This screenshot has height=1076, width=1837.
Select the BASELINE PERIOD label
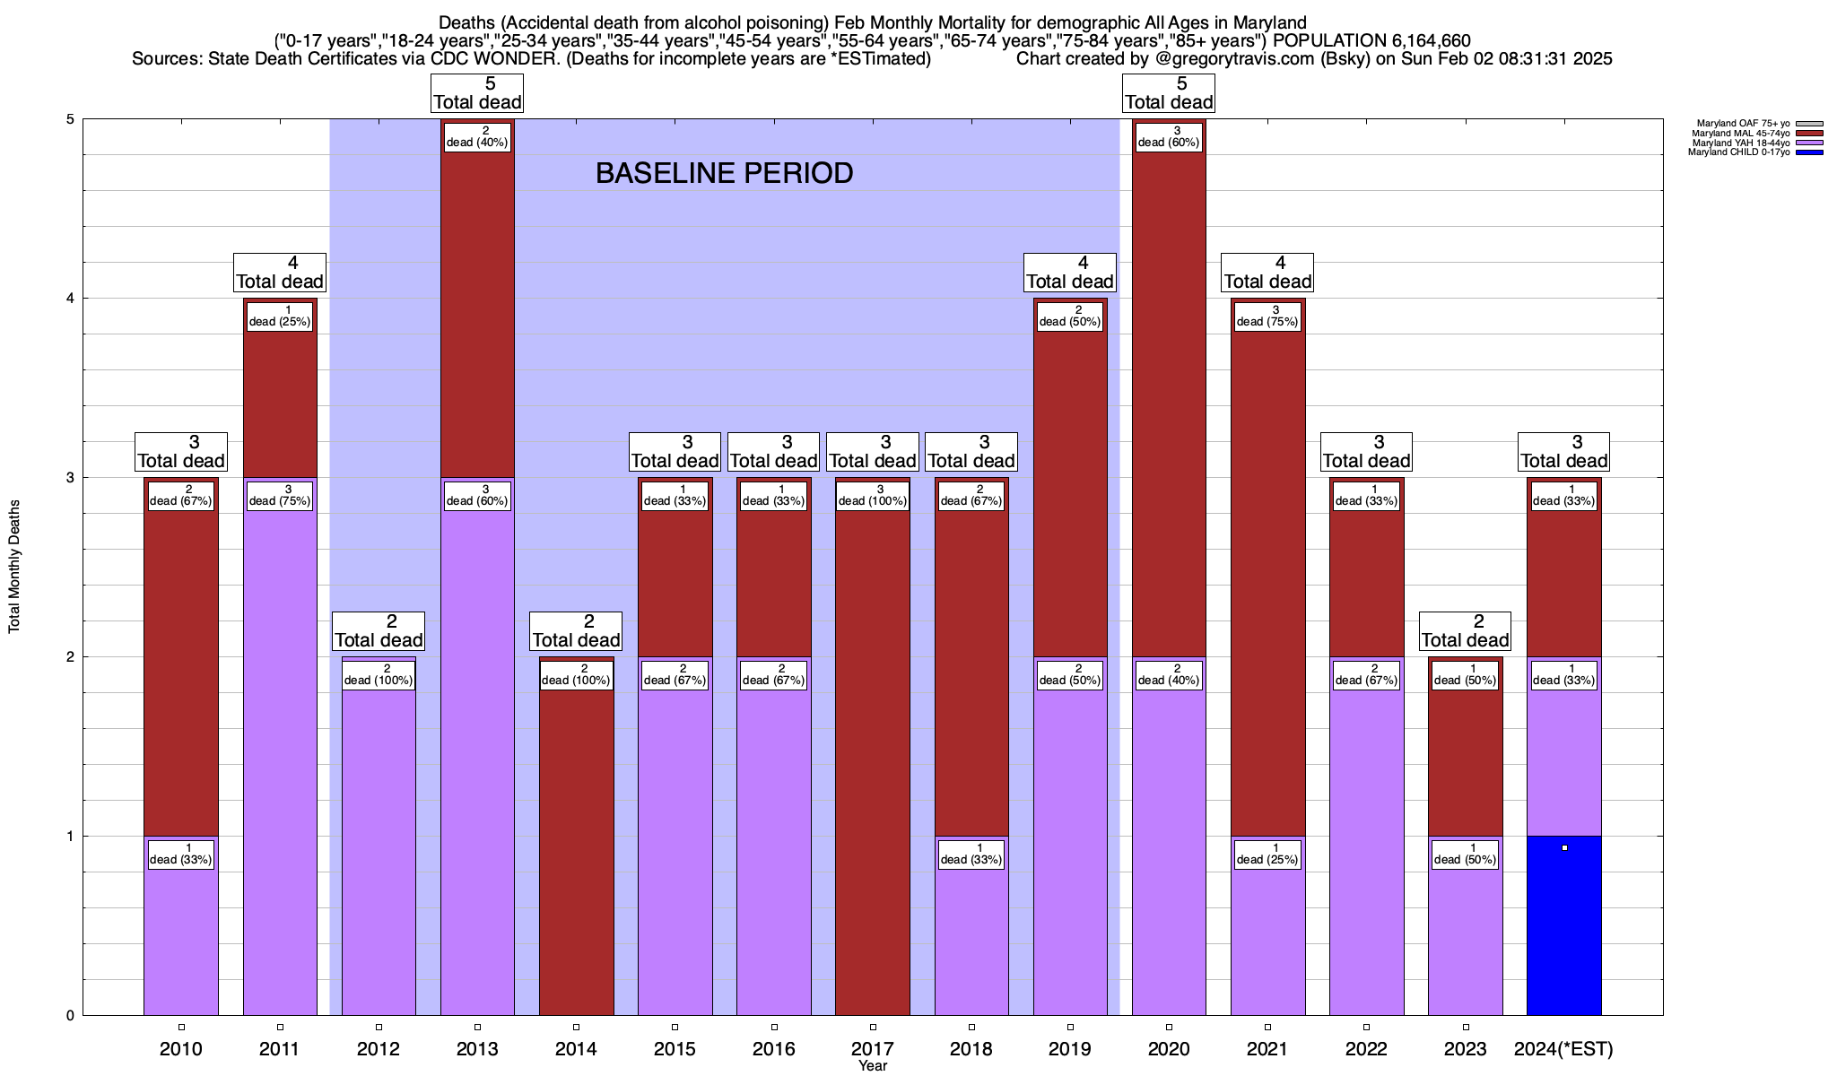click(x=724, y=173)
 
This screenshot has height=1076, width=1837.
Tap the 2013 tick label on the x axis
click(x=477, y=1049)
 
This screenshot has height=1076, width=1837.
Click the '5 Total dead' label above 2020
click(x=1169, y=93)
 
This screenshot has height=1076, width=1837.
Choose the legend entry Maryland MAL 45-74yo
click(x=1740, y=134)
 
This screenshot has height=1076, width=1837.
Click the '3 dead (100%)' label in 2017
click(x=873, y=496)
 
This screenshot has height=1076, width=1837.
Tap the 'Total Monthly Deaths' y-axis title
click(x=14, y=567)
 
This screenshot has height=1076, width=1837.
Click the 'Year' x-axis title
click(x=872, y=1066)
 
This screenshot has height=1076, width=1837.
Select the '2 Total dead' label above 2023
click(x=1465, y=631)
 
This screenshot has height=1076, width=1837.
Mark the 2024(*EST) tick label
click(x=1563, y=1049)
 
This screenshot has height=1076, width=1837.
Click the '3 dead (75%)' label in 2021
click(x=1267, y=317)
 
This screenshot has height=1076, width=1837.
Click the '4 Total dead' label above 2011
click(x=280, y=273)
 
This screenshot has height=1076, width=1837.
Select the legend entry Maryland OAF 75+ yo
click(x=1741, y=124)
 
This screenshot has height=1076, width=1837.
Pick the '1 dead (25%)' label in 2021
click(x=1267, y=855)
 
